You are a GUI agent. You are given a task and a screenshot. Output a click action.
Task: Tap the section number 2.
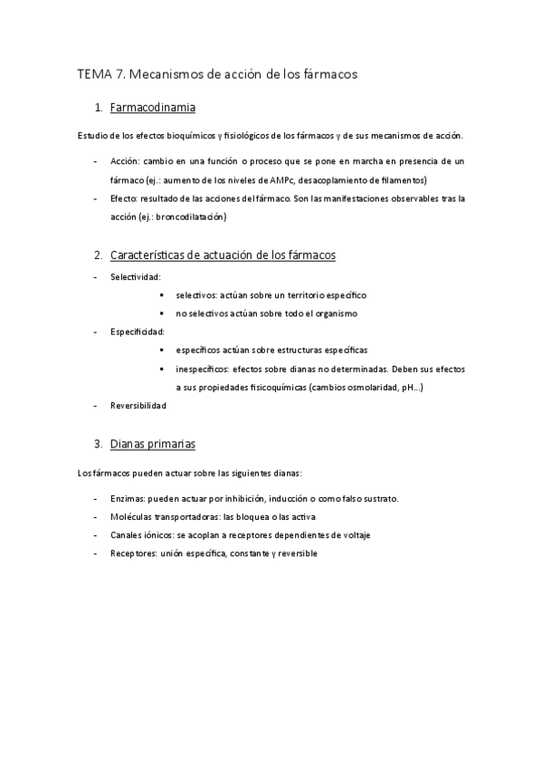[98, 255]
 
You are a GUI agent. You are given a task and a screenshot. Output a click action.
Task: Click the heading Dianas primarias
[152, 444]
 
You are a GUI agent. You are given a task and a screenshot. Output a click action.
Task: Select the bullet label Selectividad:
[136, 276]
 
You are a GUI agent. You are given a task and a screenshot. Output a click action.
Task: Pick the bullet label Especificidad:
[138, 331]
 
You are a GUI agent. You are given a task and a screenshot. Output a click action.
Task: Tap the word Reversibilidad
[138, 406]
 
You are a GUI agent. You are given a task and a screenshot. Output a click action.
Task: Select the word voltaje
[354, 534]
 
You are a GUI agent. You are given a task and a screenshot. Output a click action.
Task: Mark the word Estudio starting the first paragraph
[92, 137]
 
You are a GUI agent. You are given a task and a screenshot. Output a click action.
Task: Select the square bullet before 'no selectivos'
[160, 313]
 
